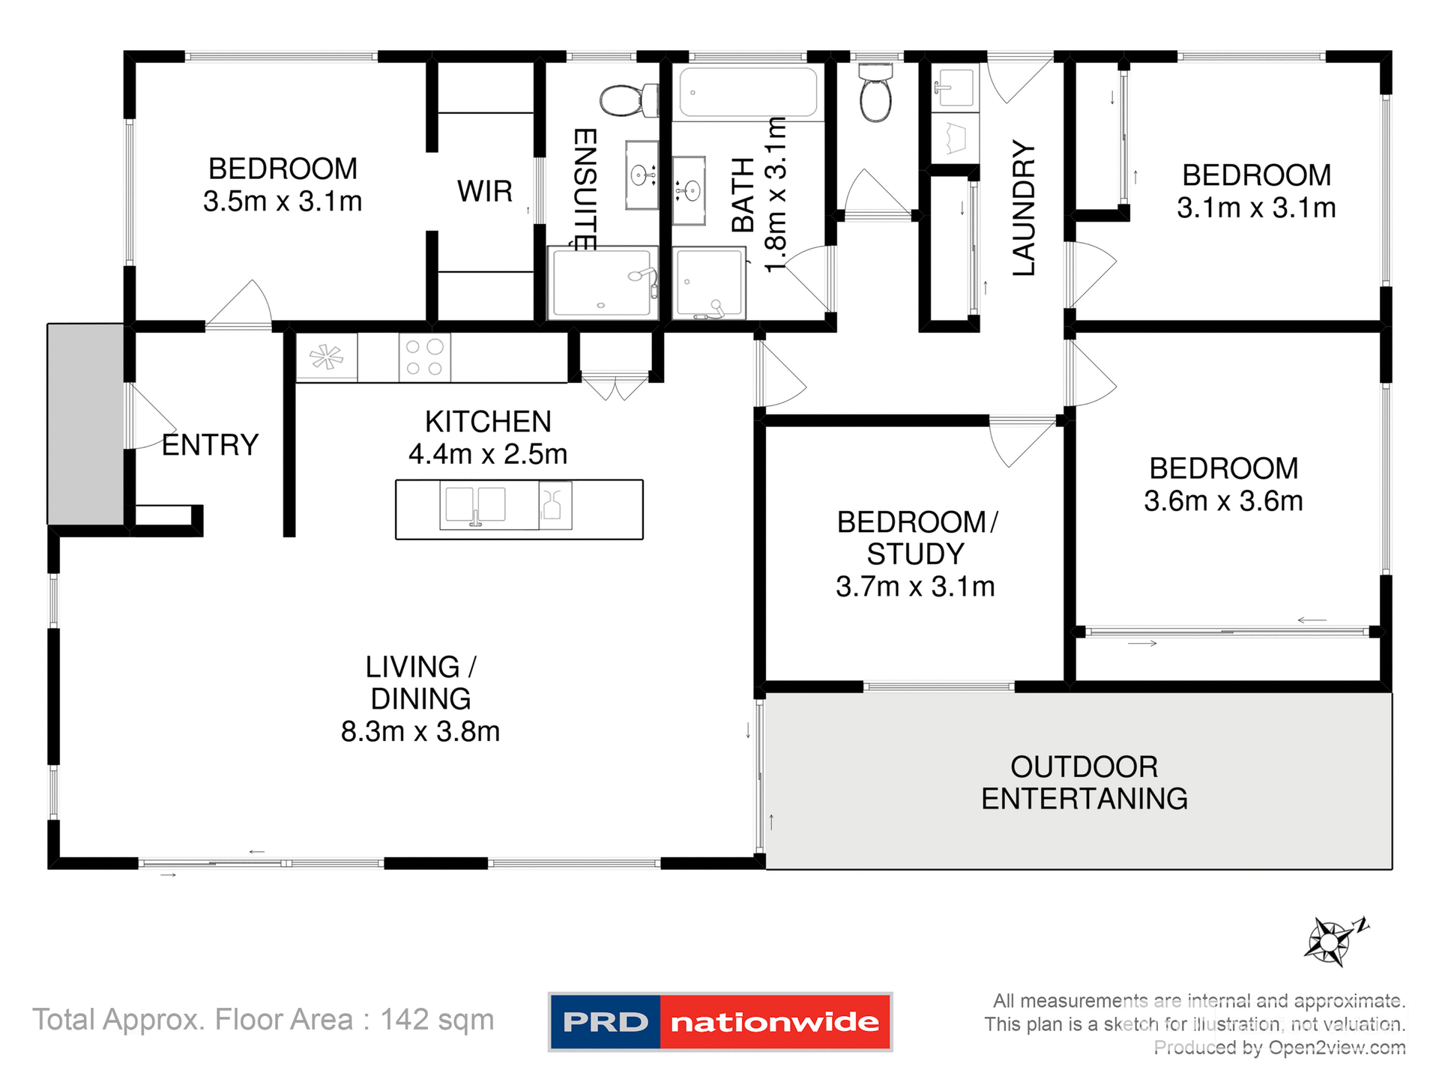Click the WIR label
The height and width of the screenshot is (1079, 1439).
coord(485,191)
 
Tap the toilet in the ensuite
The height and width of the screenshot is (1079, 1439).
coord(628,100)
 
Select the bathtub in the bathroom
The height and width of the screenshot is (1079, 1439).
coord(748,93)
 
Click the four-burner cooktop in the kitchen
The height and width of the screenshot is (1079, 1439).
coord(424,357)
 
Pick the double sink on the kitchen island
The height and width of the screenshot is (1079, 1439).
coord(475,505)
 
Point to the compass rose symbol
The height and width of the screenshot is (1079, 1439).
coord(1331,941)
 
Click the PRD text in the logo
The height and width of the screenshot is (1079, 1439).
coord(606,1022)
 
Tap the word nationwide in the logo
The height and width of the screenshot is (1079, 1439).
coord(775,1022)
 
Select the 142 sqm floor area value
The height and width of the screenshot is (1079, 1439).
coord(437,1020)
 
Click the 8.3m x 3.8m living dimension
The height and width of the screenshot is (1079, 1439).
coord(420,731)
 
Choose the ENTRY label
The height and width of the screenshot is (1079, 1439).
coord(210,445)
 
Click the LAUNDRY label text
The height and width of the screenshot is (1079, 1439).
coord(1024,208)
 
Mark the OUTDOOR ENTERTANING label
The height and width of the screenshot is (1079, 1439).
coord(1084,783)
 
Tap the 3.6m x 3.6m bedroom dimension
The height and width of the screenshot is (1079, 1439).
coord(1223,501)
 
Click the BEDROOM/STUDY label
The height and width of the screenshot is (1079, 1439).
coord(916,538)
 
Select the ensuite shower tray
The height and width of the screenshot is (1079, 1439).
coord(602,282)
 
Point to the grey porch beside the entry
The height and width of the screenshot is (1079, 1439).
coord(85,424)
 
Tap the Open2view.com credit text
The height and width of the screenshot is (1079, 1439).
coord(1337,1048)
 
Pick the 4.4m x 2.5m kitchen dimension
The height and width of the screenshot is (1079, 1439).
coord(488,454)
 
